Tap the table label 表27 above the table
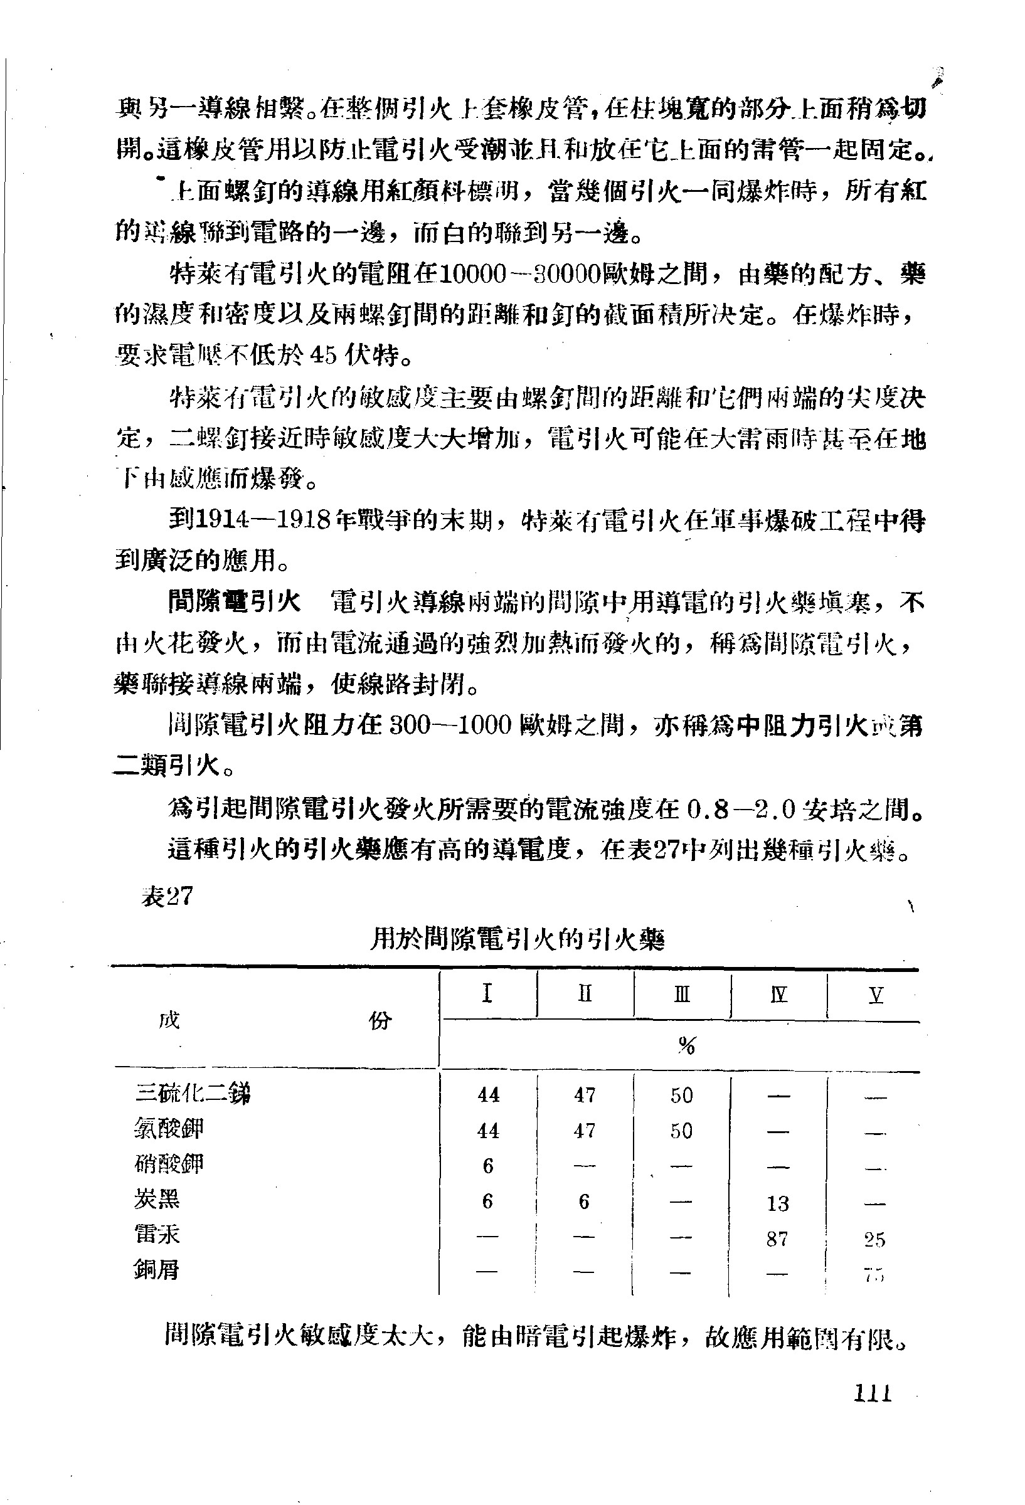pyautogui.click(x=167, y=896)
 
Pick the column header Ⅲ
pyautogui.click(x=681, y=994)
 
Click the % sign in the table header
pyautogui.click(x=686, y=1045)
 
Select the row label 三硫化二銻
pyautogui.click(x=193, y=1094)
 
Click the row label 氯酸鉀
pyautogui.click(x=169, y=1129)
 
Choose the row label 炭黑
pyautogui.click(x=157, y=1200)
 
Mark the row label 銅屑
pyautogui.click(x=157, y=1270)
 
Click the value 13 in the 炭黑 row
pyautogui.click(x=777, y=1203)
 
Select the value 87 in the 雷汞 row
pyautogui.click(x=777, y=1239)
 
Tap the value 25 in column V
pyautogui.click(x=874, y=1240)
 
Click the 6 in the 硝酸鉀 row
pyautogui.click(x=488, y=1166)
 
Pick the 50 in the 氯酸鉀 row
pyautogui.click(x=681, y=1131)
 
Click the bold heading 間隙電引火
pyautogui.click(x=234, y=601)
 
